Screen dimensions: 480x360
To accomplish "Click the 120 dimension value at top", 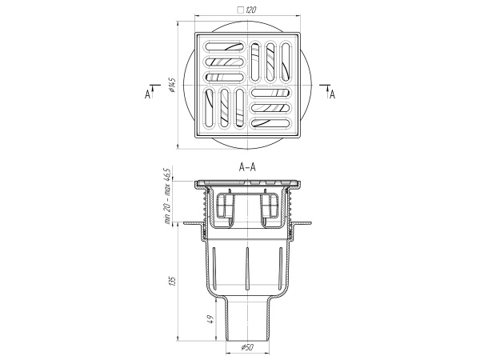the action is tap(250, 10).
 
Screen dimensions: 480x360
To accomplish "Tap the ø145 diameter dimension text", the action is tap(171, 85).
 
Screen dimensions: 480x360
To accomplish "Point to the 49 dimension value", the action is tap(211, 319).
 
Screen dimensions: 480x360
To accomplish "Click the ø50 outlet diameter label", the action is tap(247, 347).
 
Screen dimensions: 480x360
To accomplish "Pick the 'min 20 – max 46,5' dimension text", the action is tap(168, 196).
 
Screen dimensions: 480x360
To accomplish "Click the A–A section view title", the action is tap(247, 167).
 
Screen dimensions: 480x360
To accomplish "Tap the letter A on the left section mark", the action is tap(147, 94).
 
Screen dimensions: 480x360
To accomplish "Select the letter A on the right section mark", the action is tap(333, 94).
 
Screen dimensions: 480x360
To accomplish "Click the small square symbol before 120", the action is tap(241, 10).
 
